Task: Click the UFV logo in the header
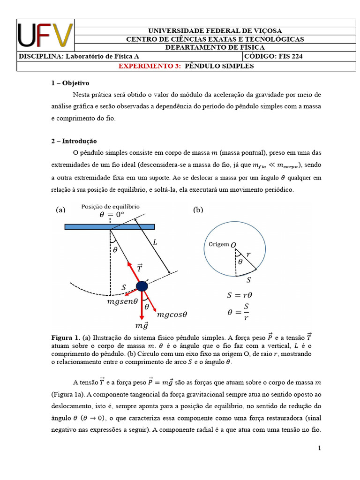[45, 36]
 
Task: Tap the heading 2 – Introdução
[74, 141]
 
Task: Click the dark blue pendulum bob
[142, 286]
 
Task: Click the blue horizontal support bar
[109, 227]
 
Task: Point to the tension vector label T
[140, 268]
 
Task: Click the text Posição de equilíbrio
[110, 207]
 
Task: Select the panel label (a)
[60, 210]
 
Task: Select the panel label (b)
[198, 210]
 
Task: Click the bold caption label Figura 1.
[65, 337]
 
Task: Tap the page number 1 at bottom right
[319, 449]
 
